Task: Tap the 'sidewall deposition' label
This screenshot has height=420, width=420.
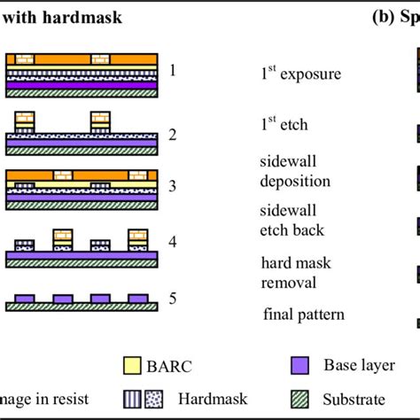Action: coord(293,173)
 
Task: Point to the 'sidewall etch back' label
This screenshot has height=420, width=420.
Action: coord(293,222)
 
